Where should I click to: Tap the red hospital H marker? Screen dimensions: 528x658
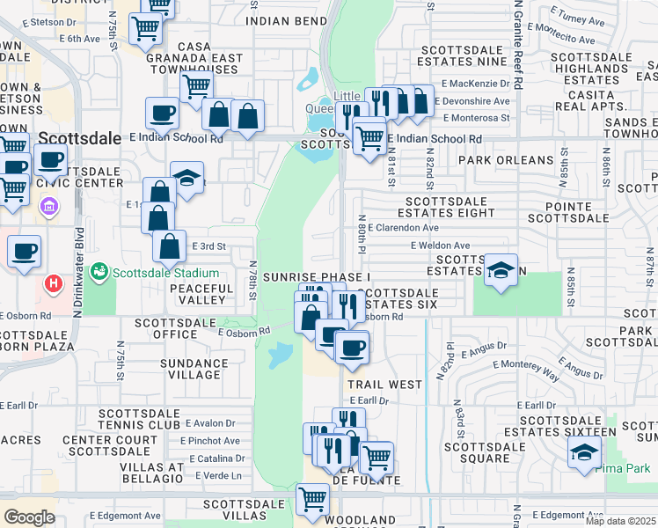pos(54,284)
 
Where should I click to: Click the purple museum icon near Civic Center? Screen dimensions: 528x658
pos(49,209)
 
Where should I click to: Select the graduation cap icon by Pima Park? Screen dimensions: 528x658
pos(583,452)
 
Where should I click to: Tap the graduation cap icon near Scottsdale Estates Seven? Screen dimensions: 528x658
pos(501,269)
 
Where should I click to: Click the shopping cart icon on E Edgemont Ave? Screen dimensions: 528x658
pos(312,499)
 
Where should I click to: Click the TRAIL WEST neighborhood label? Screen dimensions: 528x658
pos(384,385)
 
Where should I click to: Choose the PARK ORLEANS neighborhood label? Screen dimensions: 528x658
pos(506,161)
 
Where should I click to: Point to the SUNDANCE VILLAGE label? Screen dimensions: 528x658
pos(194,369)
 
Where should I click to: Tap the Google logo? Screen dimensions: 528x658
pos(29,517)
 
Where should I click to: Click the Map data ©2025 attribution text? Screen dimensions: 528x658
pos(620,521)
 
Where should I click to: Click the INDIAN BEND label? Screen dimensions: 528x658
pos(281,20)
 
